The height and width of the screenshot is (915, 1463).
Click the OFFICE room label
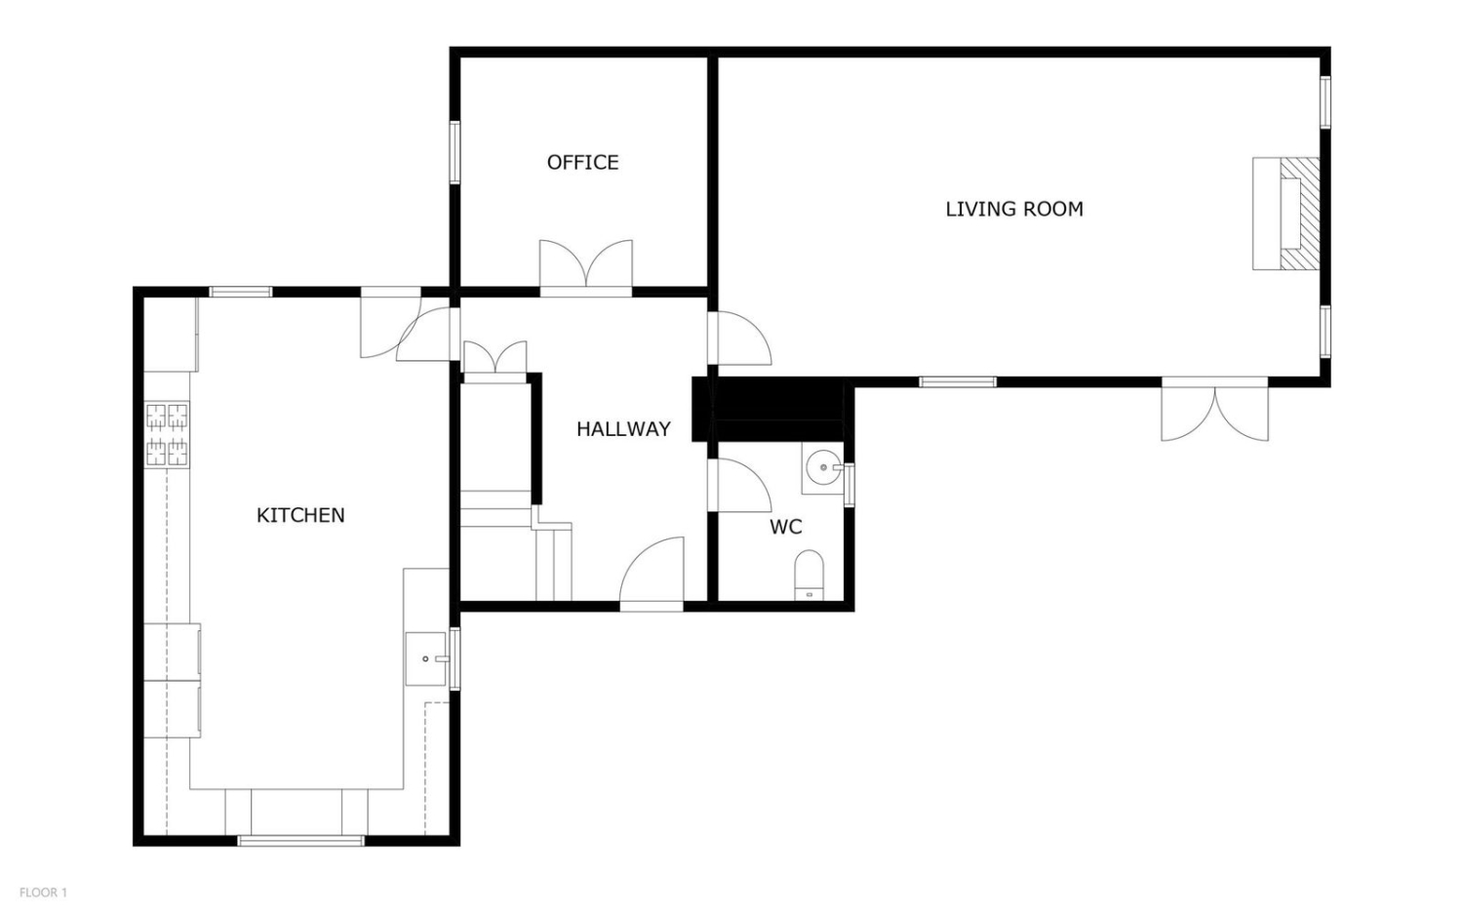pyautogui.click(x=582, y=162)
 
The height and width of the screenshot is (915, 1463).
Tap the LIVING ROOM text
pyautogui.click(x=1014, y=209)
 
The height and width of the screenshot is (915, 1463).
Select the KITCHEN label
pyautogui.click(x=300, y=515)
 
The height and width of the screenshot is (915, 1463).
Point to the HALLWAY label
pyautogui.click(x=624, y=429)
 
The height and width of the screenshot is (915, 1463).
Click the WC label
pyautogui.click(x=786, y=527)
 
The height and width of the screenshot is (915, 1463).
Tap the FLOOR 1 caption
pyautogui.click(x=43, y=893)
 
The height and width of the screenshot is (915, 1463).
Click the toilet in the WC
pyautogui.click(x=810, y=575)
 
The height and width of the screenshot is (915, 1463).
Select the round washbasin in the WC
pyautogui.click(x=823, y=467)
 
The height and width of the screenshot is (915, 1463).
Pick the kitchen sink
pyautogui.click(x=426, y=658)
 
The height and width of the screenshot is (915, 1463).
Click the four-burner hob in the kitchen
pyautogui.click(x=167, y=434)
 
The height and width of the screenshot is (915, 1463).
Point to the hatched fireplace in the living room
pyautogui.click(x=1298, y=214)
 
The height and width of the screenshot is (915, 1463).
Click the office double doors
pyautogui.click(x=586, y=263)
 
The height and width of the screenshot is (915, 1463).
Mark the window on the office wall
pyautogui.click(x=455, y=152)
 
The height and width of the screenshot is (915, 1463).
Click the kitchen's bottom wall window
pyautogui.click(x=300, y=840)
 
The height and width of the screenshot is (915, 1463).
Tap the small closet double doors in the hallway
pyautogui.click(x=495, y=357)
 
